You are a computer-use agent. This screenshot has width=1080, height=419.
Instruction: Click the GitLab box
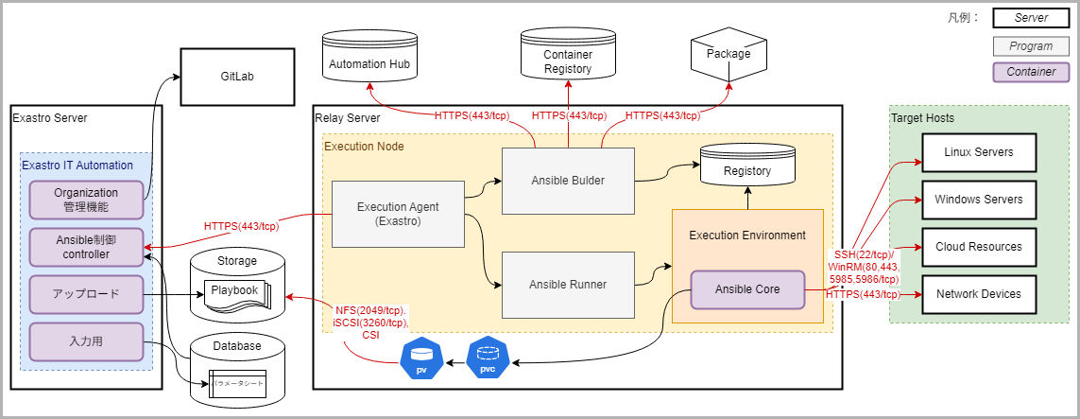point(237,77)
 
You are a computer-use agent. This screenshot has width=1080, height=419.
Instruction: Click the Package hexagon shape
point(728,55)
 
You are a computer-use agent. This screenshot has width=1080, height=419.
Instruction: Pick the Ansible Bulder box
point(568,181)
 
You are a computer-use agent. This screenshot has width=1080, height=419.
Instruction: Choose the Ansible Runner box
point(568,284)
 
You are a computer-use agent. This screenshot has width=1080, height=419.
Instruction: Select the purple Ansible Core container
point(747,289)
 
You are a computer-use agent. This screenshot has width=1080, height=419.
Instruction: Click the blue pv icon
point(422,358)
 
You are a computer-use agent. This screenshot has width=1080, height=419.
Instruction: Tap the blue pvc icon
point(488,358)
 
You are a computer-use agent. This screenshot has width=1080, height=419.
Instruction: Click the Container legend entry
point(1031,72)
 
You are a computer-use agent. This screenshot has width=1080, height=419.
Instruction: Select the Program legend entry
point(1031,45)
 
